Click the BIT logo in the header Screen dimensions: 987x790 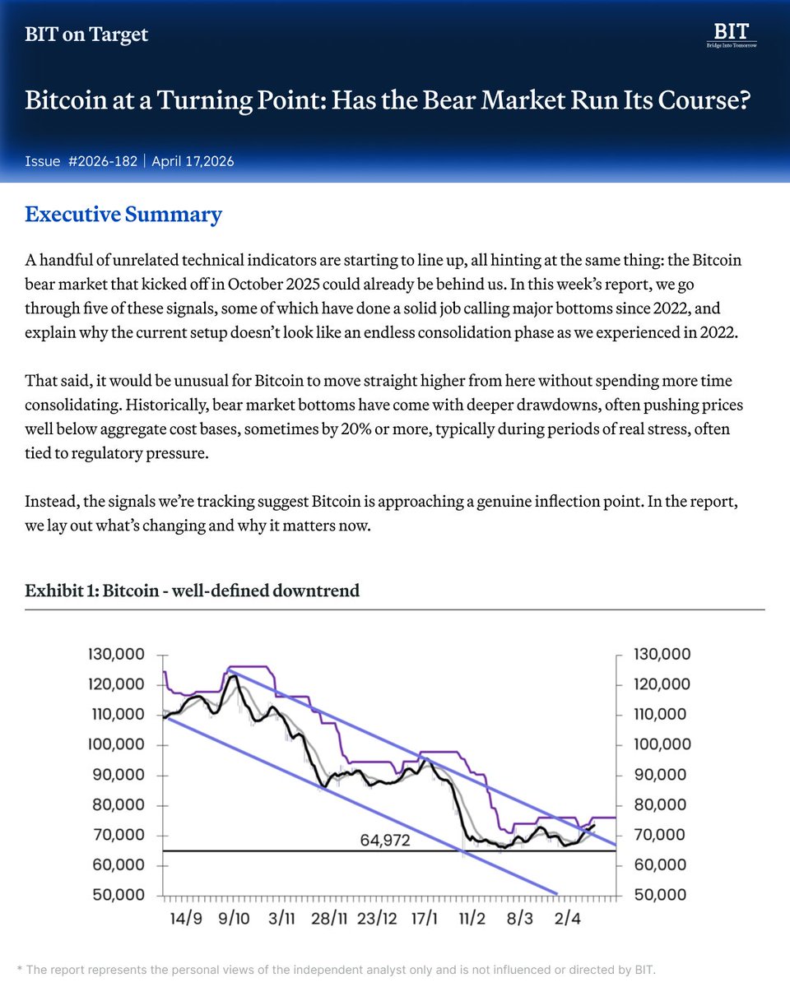pyautogui.click(x=732, y=35)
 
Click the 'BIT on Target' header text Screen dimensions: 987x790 pyautogui.click(x=86, y=35)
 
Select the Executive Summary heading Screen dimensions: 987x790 pyautogui.click(x=123, y=215)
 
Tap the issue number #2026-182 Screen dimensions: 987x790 pyautogui.click(x=102, y=161)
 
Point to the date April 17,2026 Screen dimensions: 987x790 pyautogui.click(x=193, y=161)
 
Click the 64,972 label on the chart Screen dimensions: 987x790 pyautogui.click(x=386, y=841)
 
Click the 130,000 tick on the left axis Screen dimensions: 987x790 pyautogui.click(x=116, y=655)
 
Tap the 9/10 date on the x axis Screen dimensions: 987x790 pyautogui.click(x=235, y=917)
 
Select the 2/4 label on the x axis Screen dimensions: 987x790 pyautogui.click(x=568, y=917)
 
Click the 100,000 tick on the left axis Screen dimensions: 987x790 pyautogui.click(x=116, y=745)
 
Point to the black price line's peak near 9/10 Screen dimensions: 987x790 pyautogui.click(x=232, y=676)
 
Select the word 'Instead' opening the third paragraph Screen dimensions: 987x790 pyautogui.click(x=49, y=503)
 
